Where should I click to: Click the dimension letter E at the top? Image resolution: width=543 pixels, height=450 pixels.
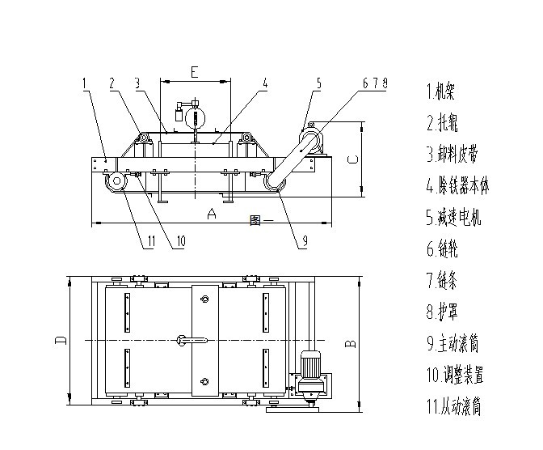[194, 71]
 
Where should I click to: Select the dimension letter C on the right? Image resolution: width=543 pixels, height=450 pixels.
[352, 159]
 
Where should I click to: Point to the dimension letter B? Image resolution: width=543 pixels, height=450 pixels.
[351, 343]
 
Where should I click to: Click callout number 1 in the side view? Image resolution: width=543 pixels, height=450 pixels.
[85, 82]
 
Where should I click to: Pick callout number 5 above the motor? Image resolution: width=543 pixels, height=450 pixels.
[318, 83]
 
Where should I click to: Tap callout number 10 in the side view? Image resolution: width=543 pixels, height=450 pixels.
[180, 240]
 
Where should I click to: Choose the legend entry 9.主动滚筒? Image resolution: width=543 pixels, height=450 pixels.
[454, 344]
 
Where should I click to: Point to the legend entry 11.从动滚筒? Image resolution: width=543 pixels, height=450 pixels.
[455, 407]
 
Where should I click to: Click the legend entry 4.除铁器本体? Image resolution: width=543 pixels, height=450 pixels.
[458, 186]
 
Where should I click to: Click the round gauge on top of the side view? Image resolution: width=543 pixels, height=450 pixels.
[193, 118]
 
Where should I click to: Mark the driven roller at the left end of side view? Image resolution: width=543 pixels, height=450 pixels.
[115, 182]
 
